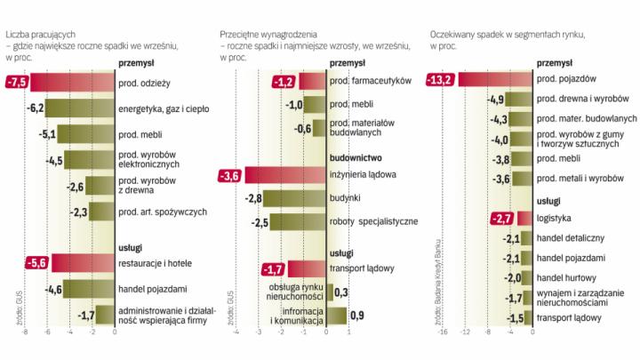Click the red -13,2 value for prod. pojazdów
[442, 80]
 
